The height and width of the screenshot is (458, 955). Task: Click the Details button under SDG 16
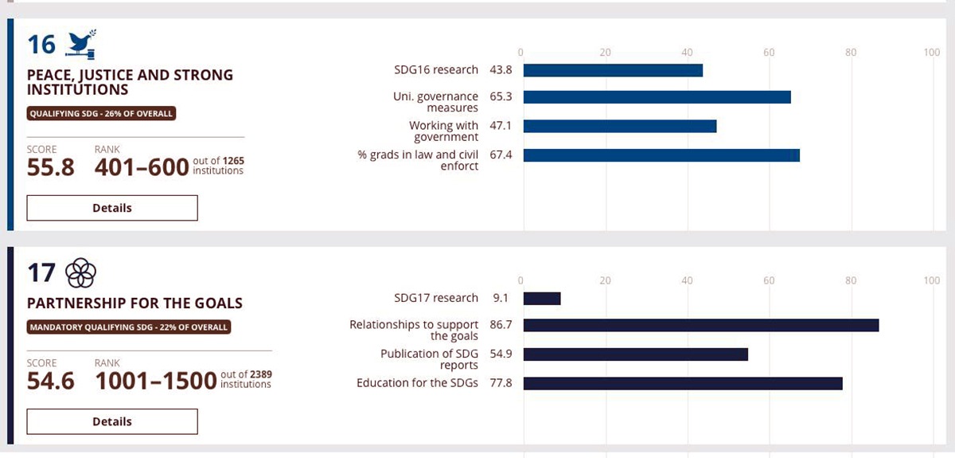click(x=112, y=208)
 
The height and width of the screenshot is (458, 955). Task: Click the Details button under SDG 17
click(x=112, y=421)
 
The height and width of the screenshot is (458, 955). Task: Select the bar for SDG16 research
click(x=613, y=70)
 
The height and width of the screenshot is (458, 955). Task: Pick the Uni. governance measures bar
click(x=657, y=97)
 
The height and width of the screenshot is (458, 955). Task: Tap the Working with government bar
click(x=620, y=126)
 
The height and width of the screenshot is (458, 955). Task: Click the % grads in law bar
click(x=661, y=155)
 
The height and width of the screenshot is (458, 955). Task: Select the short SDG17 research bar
click(x=542, y=299)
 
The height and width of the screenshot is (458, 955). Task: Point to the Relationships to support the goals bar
click(x=700, y=325)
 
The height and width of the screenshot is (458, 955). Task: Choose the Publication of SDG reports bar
click(x=635, y=354)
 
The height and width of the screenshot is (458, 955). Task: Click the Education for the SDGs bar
click(x=682, y=384)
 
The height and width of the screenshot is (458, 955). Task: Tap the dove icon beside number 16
click(x=80, y=45)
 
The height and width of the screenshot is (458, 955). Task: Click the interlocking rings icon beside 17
click(x=80, y=273)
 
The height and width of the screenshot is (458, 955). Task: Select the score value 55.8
click(x=50, y=167)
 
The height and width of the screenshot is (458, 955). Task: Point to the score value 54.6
click(x=50, y=381)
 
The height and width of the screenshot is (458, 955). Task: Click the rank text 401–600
click(x=142, y=167)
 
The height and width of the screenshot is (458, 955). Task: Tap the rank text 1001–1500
click(x=155, y=381)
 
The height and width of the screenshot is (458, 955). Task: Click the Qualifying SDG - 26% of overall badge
click(x=101, y=114)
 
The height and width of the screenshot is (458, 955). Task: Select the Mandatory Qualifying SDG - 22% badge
click(x=129, y=327)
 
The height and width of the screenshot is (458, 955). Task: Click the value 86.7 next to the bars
click(x=501, y=325)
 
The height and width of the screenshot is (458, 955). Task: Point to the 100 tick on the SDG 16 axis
click(x=931, y=53)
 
